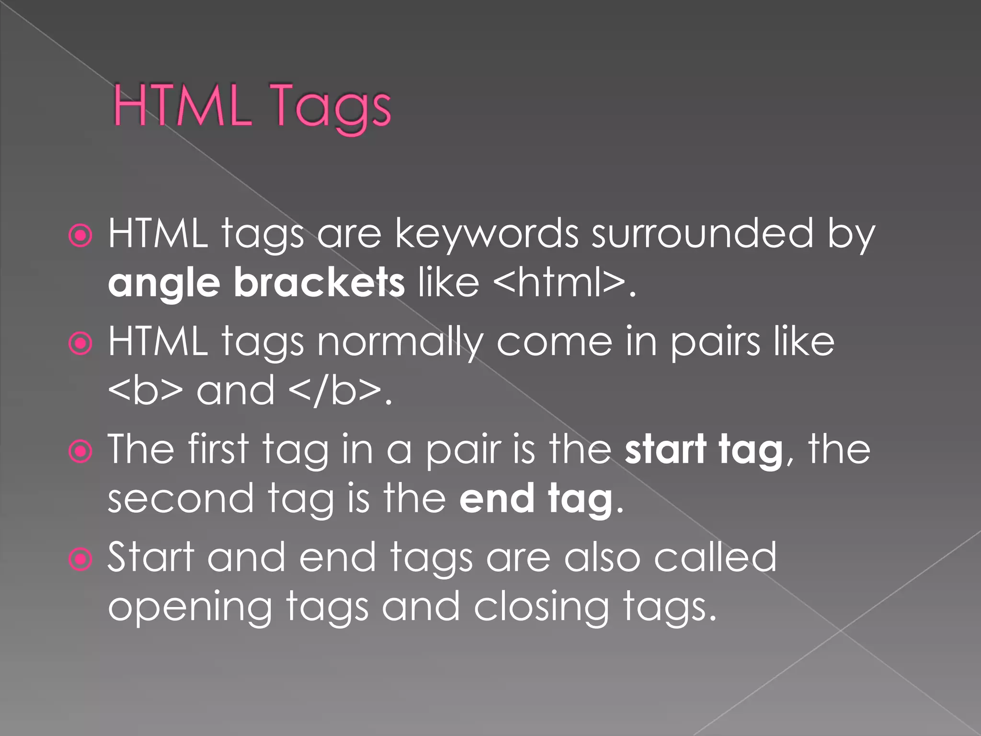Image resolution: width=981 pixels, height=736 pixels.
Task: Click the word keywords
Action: (486, 235)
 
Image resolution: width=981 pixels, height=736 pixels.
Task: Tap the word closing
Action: (541, 608)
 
